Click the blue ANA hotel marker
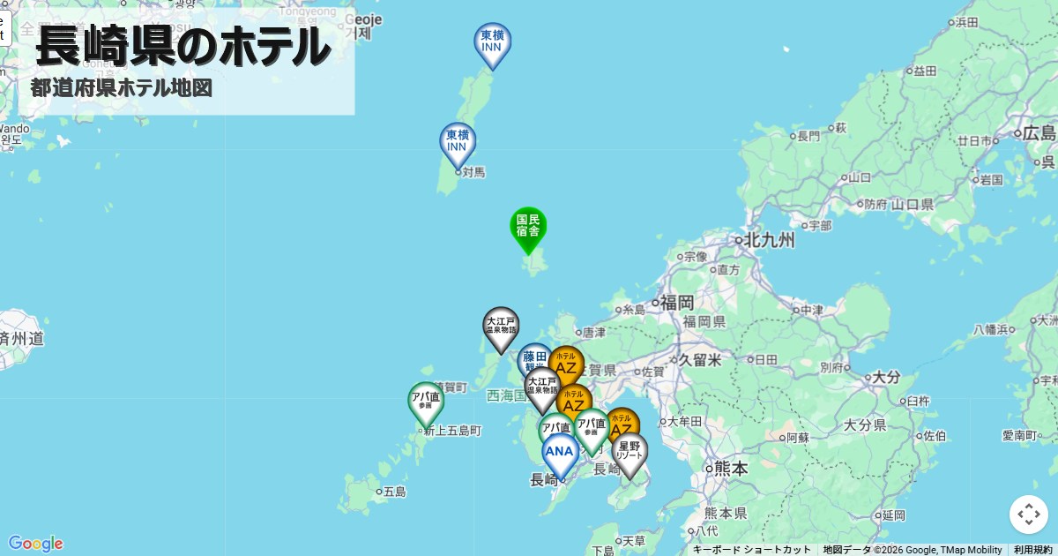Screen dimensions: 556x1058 pos(560,453)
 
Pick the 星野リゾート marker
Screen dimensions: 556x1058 pos(630,451)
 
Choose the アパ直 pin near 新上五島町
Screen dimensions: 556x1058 pos(426,402)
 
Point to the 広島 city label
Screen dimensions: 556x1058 pos(1038,134)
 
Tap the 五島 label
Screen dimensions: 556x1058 pos(393,492)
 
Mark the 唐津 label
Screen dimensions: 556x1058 pos(593,333)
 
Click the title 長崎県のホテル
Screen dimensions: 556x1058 pos(183,46)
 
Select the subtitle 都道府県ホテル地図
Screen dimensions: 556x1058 pos(122,88)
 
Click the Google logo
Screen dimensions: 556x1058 pos(35,544)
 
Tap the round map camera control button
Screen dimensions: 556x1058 pos(1028,515)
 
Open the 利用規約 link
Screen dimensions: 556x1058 pos(1032,550)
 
